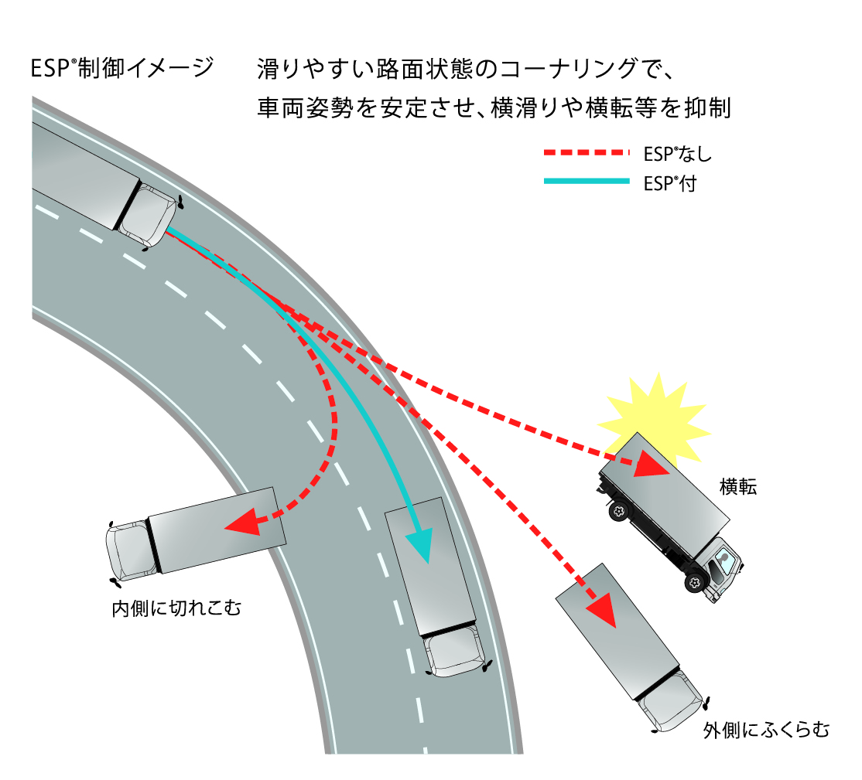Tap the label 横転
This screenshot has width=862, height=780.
click(x=737, y=487)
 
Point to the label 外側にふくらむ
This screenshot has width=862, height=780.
click(x=766, y=730)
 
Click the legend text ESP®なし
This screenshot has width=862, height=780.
click(x=677, y=154)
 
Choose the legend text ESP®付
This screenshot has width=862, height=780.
click(x=669, y=183)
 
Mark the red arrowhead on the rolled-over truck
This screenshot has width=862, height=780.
click(x=652, y=465)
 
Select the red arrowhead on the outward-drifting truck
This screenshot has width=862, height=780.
click(x=602, y=611)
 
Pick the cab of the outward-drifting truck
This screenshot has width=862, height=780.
click(x=675, y=700)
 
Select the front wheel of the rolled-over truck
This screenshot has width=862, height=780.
click(x=696, y=581)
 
